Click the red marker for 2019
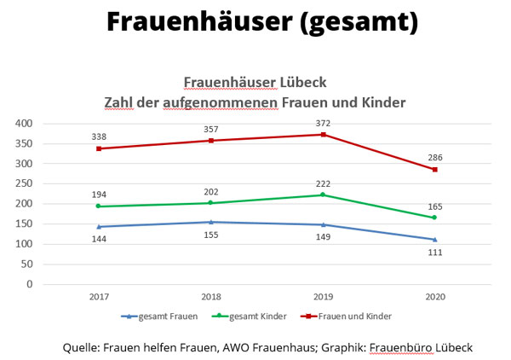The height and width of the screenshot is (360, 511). (323, 135)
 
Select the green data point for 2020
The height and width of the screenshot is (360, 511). (435, 218)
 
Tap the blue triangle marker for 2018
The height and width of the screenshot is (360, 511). (211, 222)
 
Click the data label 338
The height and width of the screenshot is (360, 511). (100, 136)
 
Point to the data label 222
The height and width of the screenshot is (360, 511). (323, 183)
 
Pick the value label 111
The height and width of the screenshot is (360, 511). (434, 253)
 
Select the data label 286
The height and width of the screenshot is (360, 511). (434, 157)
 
